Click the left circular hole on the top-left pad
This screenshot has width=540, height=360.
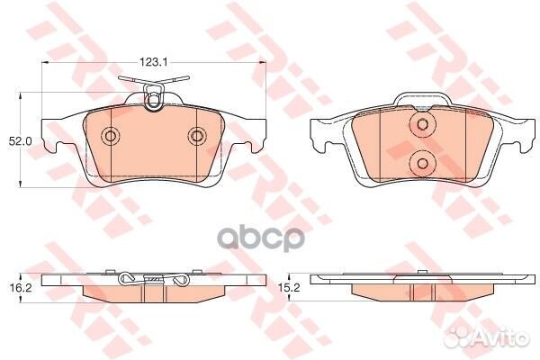[x=111, y=137]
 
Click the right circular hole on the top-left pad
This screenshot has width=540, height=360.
[x=197, y=137]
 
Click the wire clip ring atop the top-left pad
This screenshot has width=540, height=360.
[x=153, y=101]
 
